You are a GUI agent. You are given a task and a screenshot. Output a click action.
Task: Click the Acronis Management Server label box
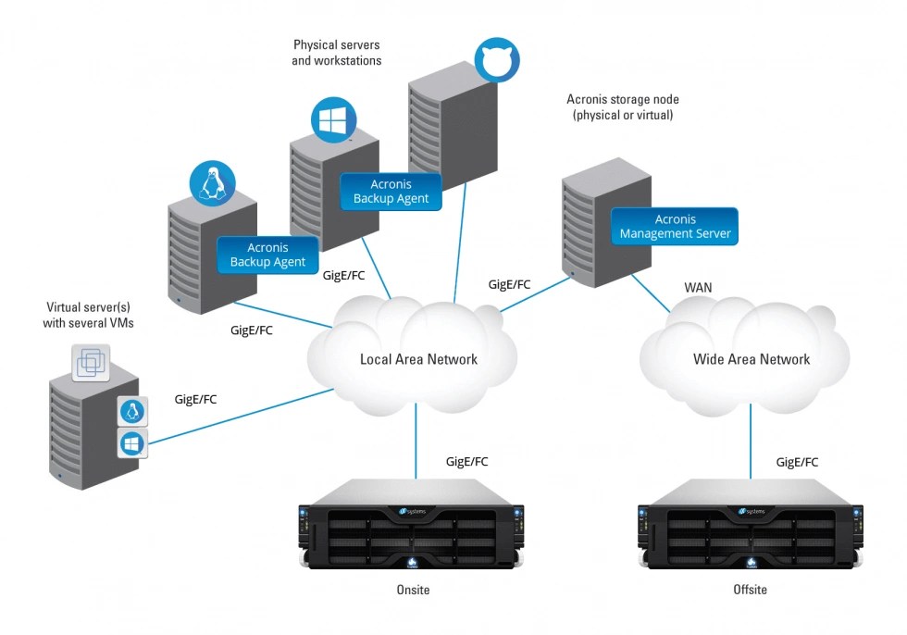click(674, 227)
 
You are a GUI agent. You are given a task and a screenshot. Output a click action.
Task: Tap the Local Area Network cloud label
click(418, 359)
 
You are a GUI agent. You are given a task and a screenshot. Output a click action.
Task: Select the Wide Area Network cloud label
click(751, 359)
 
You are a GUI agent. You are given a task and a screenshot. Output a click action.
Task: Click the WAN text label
click(699, 288)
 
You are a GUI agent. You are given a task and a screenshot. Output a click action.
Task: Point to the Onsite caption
click(412, 590)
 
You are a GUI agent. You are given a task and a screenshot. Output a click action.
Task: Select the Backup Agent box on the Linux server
click(267, 255)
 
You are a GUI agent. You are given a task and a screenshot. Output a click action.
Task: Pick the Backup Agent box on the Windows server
click(391, 192)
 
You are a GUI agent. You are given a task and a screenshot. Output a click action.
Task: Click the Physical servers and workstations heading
click(337, 53)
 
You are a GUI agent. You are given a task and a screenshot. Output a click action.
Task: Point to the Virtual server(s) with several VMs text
click(89, 315)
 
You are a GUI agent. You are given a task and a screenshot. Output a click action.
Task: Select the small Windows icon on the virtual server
click(132, 443)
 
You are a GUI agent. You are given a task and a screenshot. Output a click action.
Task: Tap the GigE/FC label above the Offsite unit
click(797, 462)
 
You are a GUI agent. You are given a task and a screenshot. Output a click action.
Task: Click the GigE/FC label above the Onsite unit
click(466, 461)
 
